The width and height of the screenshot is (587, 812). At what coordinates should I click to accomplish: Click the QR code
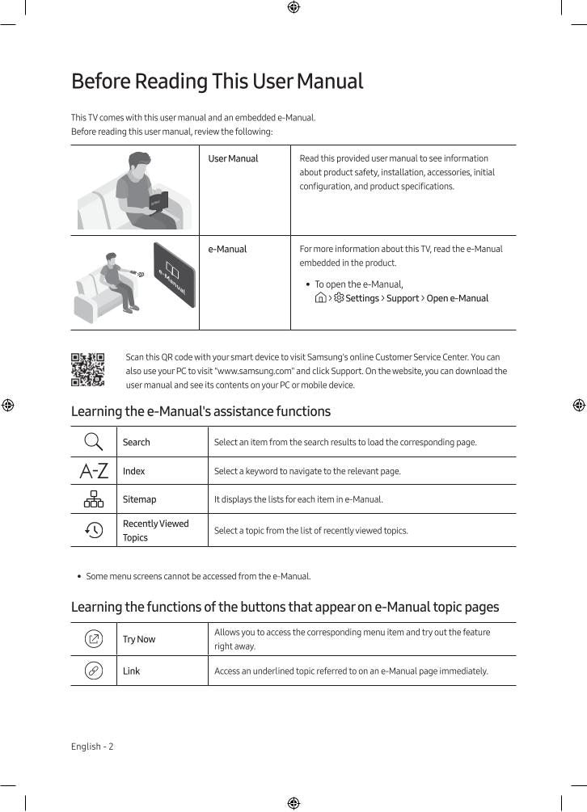pos(87,369)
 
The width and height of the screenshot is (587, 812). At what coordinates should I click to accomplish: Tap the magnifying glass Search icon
pos(94,442)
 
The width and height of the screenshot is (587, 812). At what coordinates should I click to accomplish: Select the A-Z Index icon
pos(94,471)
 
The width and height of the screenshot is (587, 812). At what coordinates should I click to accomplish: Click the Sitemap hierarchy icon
pos(94,499)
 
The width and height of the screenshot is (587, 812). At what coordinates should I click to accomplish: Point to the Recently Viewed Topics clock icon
pos(94,530)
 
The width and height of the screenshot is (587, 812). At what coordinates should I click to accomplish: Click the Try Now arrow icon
pos(94,639)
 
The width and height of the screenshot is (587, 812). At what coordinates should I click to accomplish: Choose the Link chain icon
pos(94,671)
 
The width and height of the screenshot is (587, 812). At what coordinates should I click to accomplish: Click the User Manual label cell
pos(233,159)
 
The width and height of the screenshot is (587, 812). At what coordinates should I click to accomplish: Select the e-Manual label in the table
pos(227,250)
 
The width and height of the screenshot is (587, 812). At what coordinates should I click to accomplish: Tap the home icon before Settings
pos(321,298)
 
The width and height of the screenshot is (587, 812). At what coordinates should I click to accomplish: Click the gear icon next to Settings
pos(339,298)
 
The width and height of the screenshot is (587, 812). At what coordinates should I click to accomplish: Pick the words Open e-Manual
pos(458,299)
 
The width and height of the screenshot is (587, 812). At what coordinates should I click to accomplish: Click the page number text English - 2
pos(92,747)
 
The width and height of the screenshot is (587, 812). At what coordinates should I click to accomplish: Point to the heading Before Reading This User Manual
pos(217,82)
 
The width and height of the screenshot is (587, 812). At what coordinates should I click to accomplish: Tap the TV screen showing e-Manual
pos(175,275)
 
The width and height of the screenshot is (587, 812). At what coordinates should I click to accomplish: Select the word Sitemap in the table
pos(139,499)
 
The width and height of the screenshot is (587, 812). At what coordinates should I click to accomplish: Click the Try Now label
pos(139,639)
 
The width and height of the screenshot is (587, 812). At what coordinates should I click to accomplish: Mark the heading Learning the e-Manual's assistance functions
pos(201,411)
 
